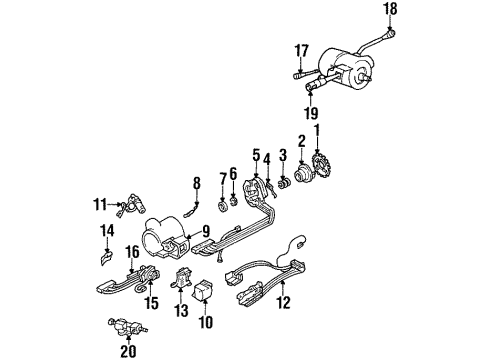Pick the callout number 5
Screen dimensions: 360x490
pyautogui.click(x=255, y=155)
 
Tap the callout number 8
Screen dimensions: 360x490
pyautogui.click(x=197, y=181)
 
